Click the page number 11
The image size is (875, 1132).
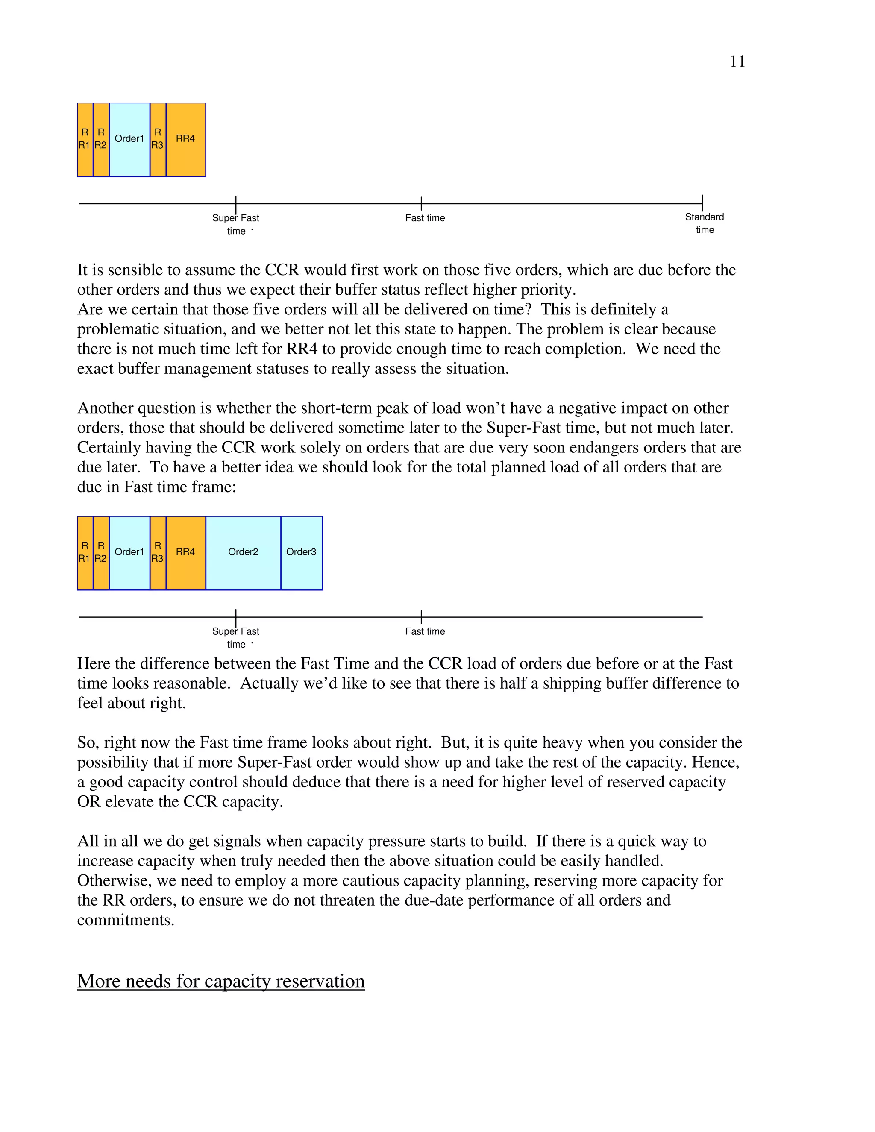737,62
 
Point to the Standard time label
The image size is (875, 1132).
704,223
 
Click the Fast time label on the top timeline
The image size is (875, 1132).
425,218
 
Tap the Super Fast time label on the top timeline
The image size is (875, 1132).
236,224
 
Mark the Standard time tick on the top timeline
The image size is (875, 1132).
702,203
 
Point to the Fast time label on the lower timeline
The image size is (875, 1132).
425,631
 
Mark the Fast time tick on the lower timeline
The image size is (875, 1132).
421,617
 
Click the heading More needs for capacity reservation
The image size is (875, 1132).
221,981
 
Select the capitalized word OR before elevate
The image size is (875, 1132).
88,802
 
